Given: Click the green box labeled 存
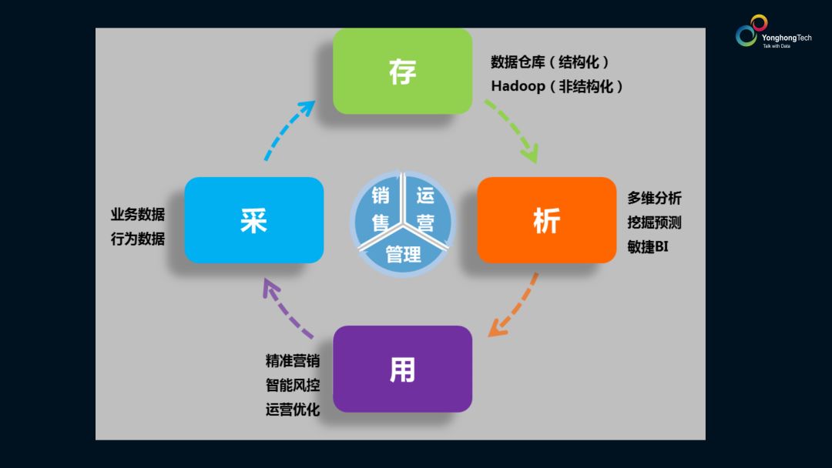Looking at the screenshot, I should (x=402, y=72).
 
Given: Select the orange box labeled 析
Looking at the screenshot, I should (x=547, y=220).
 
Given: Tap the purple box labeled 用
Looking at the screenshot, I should (x=402, y=369).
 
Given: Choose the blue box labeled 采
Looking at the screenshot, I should (x=253, y=220).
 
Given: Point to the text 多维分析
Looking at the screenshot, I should (x=654, y=198).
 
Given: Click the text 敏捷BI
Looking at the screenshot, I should (x=647, y=247).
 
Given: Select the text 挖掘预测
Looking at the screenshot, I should (x=654, y=222).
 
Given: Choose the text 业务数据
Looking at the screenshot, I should (x=138, y=215).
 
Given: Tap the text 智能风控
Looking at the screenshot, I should (x=293, y=385).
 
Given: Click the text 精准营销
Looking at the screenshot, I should (x=293, y=360).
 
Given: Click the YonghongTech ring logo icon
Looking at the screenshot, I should (x=751, y=32).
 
